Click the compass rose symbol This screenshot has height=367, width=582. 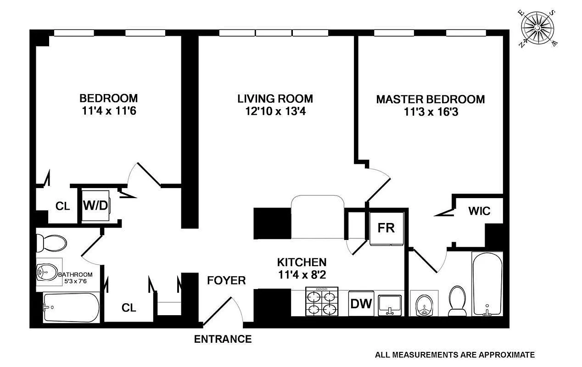pyautogui.click(x=537, y=29)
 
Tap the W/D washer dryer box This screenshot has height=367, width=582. pyautogui.click(x=95, y=205)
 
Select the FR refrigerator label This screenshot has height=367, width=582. pyautogui.click(x=386, y=228)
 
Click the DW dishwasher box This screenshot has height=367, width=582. pyautogui.click(x=361, y=303)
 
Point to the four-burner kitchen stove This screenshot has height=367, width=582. pyautogui.click(x=322, y=302)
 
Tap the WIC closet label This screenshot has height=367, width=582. pyautogui.click(x=479, y=211)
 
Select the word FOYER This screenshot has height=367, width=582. pyautogui.click(x=226, y=280)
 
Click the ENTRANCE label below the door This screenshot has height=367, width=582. pyautogui.click(x=223, y=339)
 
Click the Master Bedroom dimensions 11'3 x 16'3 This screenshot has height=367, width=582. pyautogui.click(x=431, y=111)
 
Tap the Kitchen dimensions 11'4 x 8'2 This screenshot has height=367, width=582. pyautogui.click(x=302, y=275)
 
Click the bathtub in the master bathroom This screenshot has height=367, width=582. pyautogui.click(x=487, y=284)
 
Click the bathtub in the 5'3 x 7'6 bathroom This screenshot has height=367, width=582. pyautogui.click(x=71, y=307)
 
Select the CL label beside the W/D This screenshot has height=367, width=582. pyautogui.click(x=63, y=206)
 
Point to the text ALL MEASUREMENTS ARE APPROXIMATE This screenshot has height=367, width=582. pyautogui.click(x=455, y=355)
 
